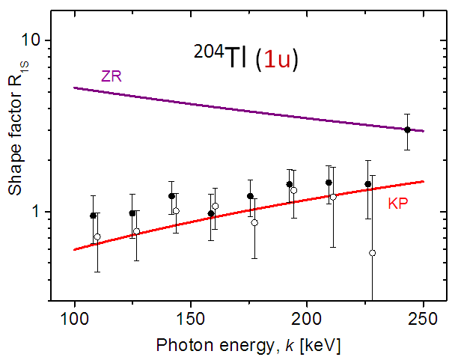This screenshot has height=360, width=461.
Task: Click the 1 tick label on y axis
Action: (40, 212)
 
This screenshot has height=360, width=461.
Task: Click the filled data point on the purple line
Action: (407, 129)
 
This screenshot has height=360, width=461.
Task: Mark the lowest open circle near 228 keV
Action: (372, 253)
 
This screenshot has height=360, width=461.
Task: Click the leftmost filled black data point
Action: (93, 216)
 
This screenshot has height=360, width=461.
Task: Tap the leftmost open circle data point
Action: (97, 237)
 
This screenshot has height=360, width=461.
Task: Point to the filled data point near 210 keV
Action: (329, 183)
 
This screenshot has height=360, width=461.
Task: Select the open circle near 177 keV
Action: (254, 222)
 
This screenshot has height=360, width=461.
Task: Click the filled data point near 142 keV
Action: (171, 196)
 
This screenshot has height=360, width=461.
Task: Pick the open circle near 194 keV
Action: (293, 190)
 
